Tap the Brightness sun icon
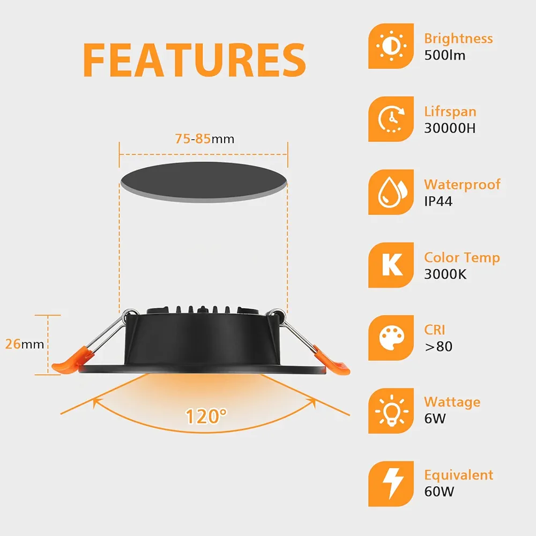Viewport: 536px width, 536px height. tap(391, 46)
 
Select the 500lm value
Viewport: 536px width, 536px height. tap(445, 55)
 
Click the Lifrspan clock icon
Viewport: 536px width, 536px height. tap(391, 119)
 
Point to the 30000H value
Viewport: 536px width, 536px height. tap(450, 128)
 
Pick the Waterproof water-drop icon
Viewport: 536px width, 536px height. tap(391, 192)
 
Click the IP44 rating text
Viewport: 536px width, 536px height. tap(438, 202)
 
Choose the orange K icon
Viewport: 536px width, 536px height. tap(391, 265)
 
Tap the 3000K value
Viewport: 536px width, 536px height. tap(445, 274)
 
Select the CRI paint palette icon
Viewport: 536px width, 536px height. tap(391, 338)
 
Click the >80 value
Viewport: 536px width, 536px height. tap(438, 347)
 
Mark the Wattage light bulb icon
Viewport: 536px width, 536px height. tap(391, 411)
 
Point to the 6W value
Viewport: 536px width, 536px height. tap(435, 419)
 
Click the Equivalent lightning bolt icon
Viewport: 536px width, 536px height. tap(391, 483)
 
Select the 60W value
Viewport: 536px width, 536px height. tap(439, 492)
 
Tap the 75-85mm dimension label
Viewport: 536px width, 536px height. tap(205, 139)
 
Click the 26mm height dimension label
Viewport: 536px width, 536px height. tap(25, 344)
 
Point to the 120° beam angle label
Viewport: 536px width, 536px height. tap(205, 416)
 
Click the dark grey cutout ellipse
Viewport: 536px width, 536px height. tap(204, 182)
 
